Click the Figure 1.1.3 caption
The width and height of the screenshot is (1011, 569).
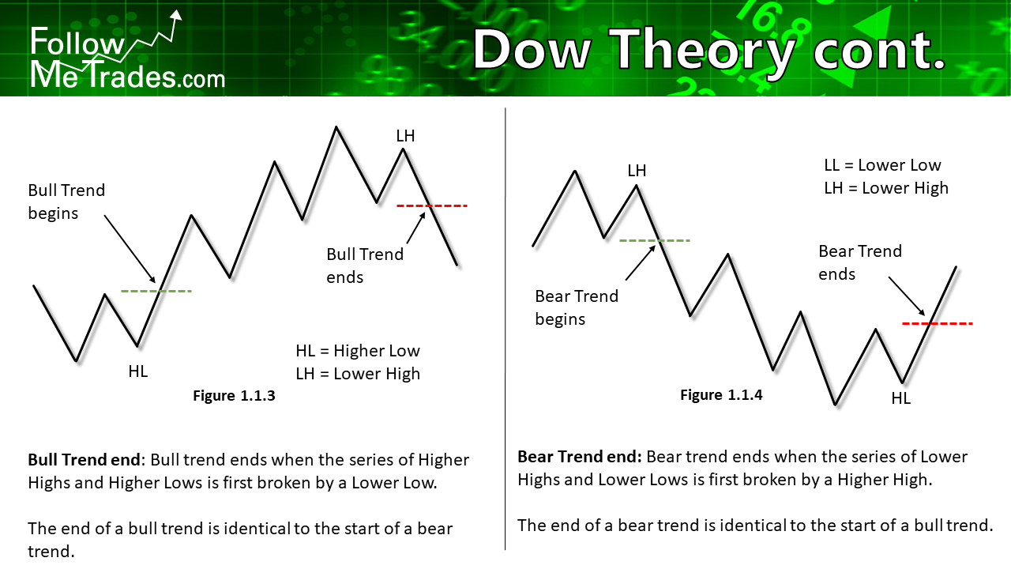click(x=234, y=396)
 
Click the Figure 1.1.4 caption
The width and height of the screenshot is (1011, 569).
click(x=721, y=394)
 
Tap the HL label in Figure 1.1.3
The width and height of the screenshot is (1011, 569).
click(x=138, y=371)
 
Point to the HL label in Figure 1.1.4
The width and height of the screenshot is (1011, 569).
click(x=901, y=398)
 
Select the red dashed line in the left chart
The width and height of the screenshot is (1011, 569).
click(x=432, y=206)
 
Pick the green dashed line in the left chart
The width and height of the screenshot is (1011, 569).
click(x=156, y=292)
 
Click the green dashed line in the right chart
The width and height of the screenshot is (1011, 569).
click(x=655, y=241)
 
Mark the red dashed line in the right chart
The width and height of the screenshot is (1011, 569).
click(x=938, y=324)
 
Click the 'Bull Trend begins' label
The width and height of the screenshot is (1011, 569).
click(x=66, y=202)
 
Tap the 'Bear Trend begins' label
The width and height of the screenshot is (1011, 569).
click(x=577, y=307)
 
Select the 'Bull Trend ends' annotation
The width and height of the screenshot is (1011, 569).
click(x=365, y=266)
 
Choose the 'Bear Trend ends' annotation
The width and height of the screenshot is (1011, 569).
click(x=860, y=262)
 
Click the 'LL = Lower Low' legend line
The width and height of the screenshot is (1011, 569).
click(x=882, y=165)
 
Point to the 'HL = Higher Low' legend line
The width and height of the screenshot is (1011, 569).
click(x=358, y=351)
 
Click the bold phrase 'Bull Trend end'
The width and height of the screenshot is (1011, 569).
click(x=85, y=460)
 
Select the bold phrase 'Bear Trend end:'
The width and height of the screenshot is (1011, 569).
click(x=580, y=457)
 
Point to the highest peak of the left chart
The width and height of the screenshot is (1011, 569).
click(x=336, y=127)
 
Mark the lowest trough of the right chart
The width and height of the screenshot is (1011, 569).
click(x=835, y=404)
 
